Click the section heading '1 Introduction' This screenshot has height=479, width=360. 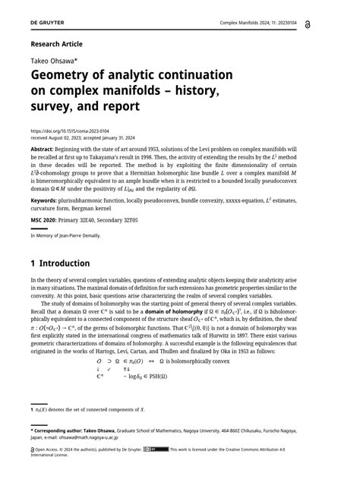(x=61, y=264)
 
